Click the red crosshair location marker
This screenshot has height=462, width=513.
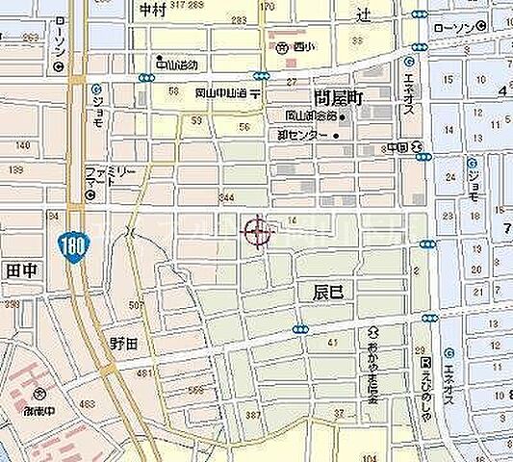(257, 231)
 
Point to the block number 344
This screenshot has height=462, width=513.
(226, 196)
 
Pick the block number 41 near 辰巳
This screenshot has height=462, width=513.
(332, 342)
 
